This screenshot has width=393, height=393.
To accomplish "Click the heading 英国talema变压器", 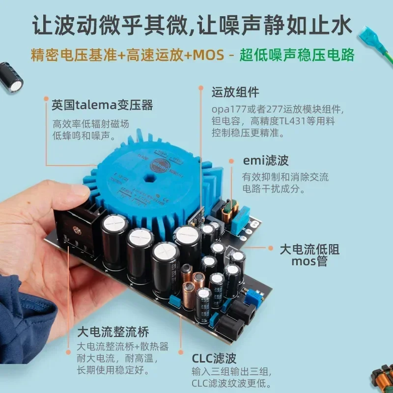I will click(102, 105).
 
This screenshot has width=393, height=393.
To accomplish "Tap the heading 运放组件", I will click(235, 92).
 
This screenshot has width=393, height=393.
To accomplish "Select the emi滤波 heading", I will click(266, 161).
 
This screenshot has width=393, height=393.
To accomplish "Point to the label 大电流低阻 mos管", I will click(309, 255).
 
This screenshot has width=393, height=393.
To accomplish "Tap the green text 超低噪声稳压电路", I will click(297, 54).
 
